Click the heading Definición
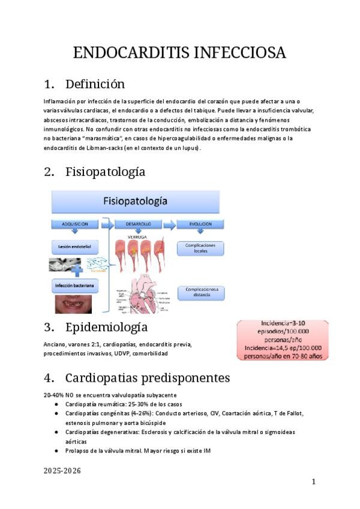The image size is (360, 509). click(95, 83)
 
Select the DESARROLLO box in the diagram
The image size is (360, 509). click(138, 224)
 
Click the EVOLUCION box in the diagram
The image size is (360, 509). click(200, 224)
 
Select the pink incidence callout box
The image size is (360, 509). click(283, 340)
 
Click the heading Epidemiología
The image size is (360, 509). click(106, 328)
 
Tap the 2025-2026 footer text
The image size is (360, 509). click(62, 471)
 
